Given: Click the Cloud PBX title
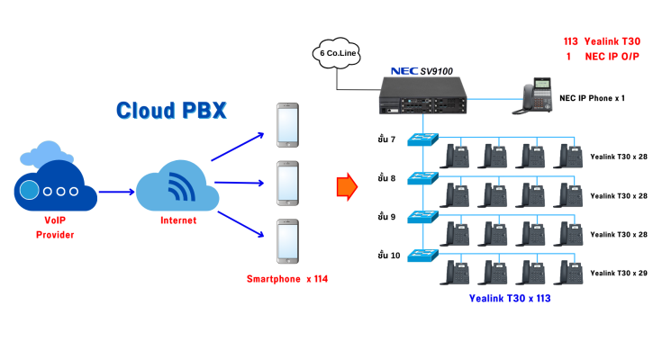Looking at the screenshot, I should coord(170,111).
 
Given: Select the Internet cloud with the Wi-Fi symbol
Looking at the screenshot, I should coord(177,186).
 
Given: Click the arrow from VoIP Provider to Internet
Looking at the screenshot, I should coord(116,191).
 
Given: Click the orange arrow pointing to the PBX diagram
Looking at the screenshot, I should coord(347,186).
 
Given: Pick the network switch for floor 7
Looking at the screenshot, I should coord(422,140).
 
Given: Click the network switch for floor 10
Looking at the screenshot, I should coord(422,255).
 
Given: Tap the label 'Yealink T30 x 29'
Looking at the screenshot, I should coord(619,272).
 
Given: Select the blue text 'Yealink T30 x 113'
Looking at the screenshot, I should coord(510,298).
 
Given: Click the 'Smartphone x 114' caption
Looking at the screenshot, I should coord(287,279).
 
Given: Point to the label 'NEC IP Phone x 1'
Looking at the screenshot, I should coord(592,96).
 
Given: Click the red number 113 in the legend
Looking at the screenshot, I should coord(569,41).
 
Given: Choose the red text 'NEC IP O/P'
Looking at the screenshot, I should coord(615,56).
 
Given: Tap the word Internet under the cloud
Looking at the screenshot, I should coord(177,220).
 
